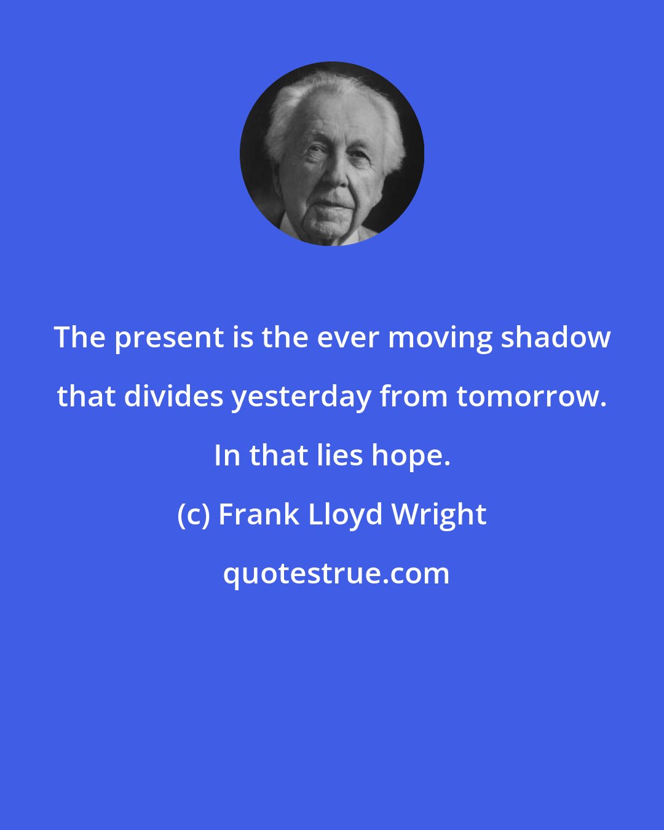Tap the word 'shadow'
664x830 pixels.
pos(555,338)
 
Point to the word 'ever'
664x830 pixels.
pos(357,338)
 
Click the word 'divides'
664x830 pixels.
pos(174,397)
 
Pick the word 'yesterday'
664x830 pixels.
pos(301,397)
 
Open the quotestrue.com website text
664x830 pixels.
pos(336,574)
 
